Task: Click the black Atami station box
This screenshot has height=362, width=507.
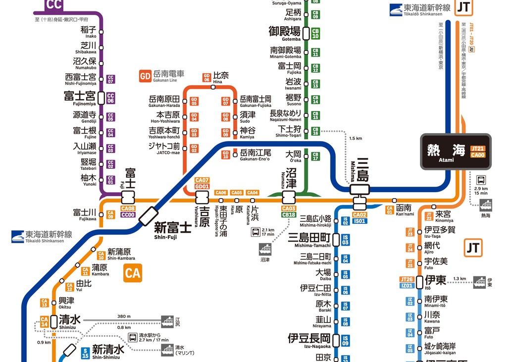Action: pos(456,151)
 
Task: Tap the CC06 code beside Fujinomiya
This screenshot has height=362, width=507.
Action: pos(110,98)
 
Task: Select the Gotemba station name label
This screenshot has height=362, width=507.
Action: pos(285,33)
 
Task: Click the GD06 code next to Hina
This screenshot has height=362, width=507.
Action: pos(206,77)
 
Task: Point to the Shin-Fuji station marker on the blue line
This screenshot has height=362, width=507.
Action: pos(149,216)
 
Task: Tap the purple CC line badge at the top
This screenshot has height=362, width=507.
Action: pos(53,5)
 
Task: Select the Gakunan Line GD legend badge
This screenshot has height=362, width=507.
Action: pos(145,76)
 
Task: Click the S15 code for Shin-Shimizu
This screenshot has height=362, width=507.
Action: pos(85,353)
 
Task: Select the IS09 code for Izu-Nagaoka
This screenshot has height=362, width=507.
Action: pos(346,340)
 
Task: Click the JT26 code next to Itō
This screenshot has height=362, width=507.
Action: pos(407,280)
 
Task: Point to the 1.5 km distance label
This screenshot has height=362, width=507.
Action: pos(355,139)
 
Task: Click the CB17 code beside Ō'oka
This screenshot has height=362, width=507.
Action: pos(315,156)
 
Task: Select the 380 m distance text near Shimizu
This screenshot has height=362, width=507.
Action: pos(124,316)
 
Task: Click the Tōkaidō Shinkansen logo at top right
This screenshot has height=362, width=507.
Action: pos(420,9)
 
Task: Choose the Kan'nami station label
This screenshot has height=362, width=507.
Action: pos(405,210)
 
